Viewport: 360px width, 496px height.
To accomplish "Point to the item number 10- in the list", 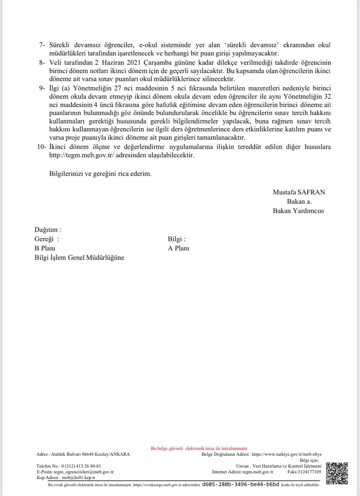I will [x=42, y=147].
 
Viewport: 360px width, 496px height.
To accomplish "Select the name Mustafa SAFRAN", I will [x=299, y=192].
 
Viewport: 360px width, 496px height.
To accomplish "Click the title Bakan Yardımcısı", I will [x=298, y=211].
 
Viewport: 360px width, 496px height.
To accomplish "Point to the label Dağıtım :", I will [x=48, y=230].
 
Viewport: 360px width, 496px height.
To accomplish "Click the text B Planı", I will [x=45, y=248].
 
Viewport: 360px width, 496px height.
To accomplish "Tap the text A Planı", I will [x=178, y=248].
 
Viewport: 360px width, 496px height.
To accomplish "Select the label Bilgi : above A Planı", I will [x=176, y=239].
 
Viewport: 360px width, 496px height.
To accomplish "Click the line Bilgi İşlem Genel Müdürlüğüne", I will [x=79, y=257].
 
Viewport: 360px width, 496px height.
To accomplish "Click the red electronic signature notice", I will [x=199, y=449].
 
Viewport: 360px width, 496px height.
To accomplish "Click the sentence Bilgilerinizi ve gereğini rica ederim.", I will [x=100, y=174].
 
